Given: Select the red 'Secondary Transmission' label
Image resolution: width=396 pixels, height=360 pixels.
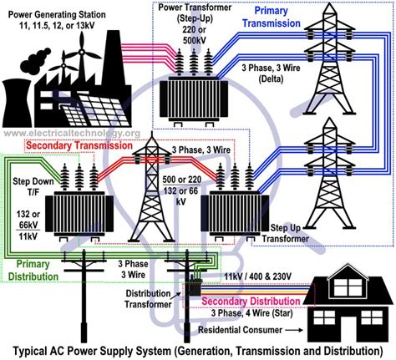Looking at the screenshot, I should (70, 145).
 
